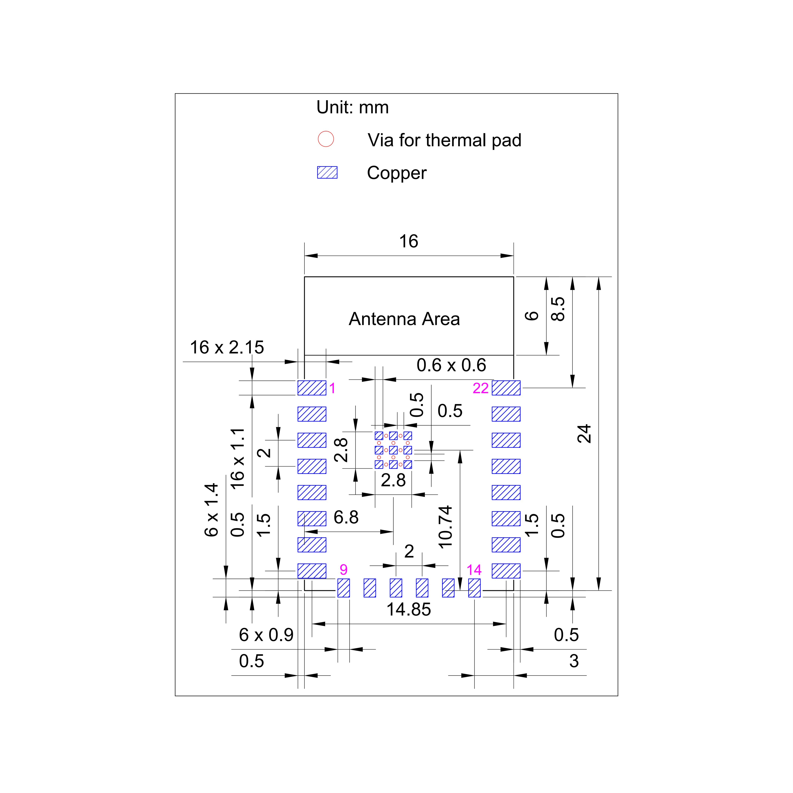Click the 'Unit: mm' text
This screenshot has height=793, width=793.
[352, 107]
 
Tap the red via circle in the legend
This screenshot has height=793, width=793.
[326, 139]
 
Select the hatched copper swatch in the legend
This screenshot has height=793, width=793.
[327, 172]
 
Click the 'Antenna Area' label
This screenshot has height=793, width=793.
[404, 319]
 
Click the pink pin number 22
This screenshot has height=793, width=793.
[481, 388]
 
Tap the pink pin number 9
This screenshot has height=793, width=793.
[344, 569]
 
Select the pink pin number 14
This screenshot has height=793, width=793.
[474, 570]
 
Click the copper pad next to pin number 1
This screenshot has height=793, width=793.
[312, 388]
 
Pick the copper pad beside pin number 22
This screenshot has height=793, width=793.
[506, 388]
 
